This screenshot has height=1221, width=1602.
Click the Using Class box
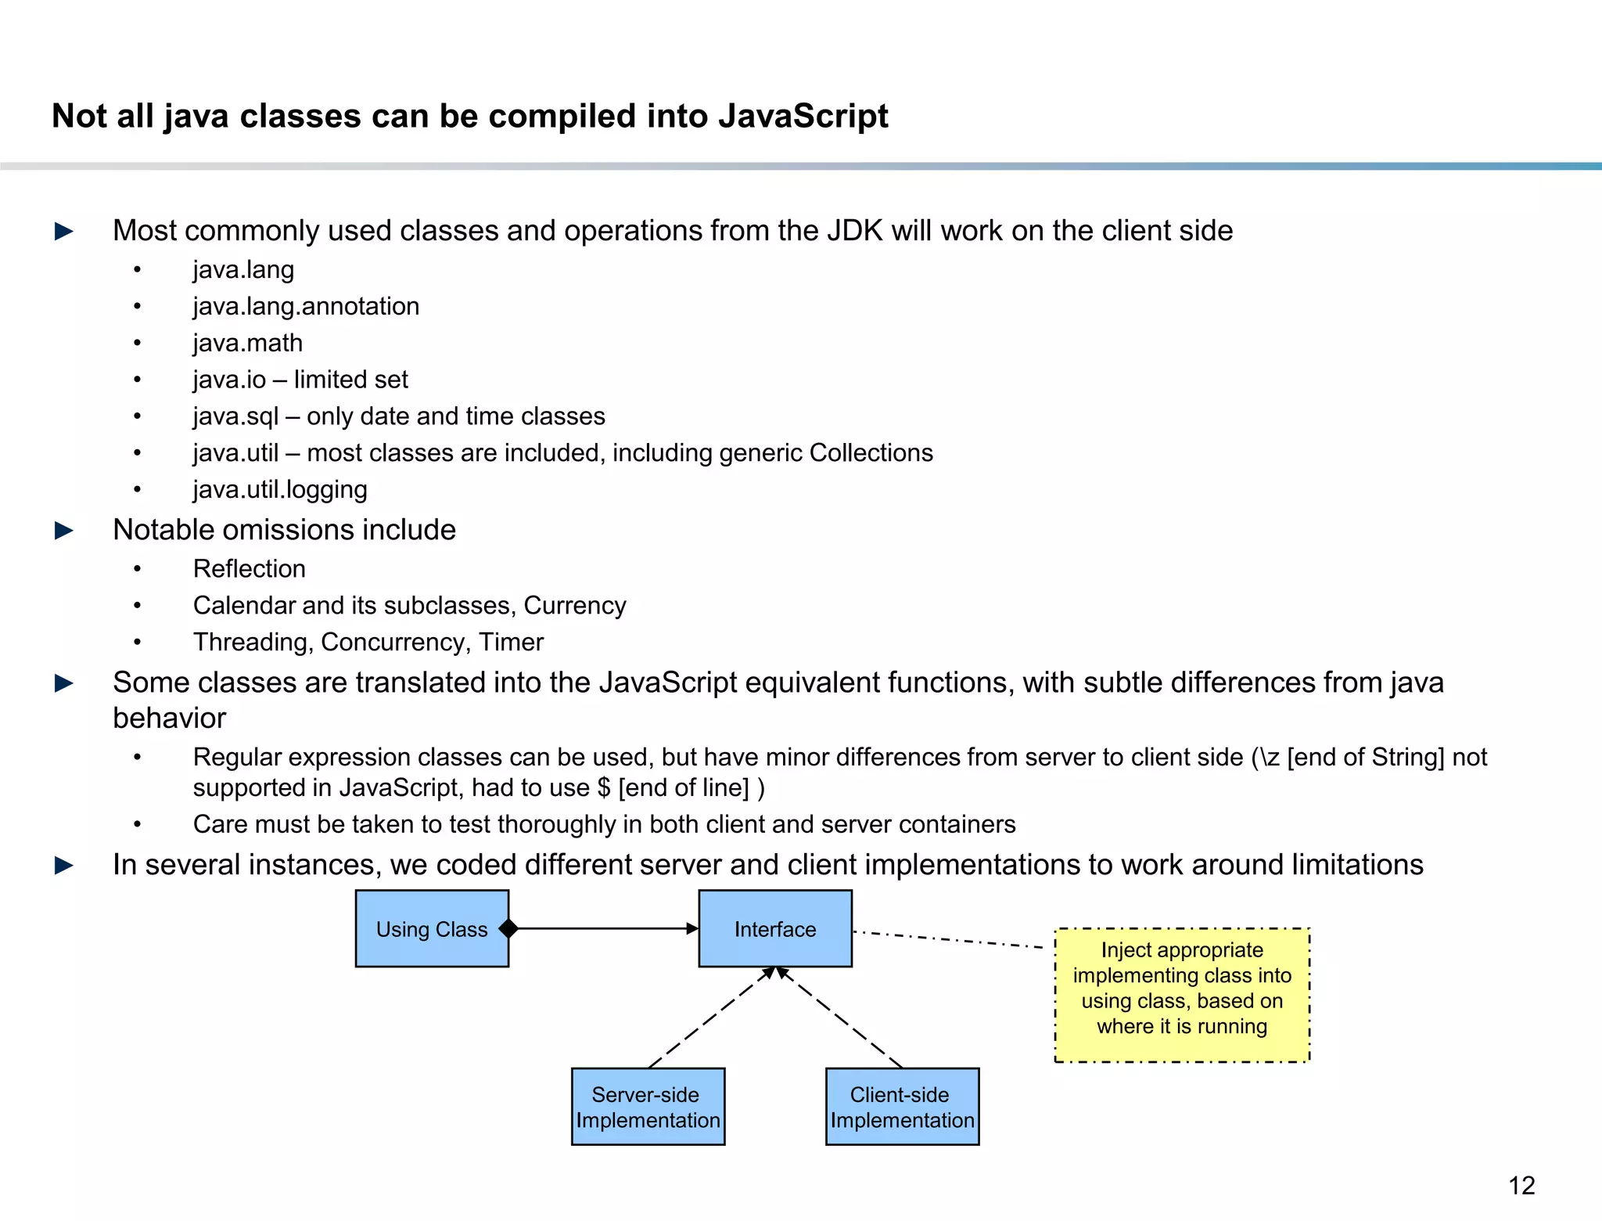[432, 929]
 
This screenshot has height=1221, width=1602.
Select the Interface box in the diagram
[774, 929]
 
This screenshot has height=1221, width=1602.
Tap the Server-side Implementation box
[648, 1107]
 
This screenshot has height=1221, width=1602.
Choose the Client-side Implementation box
[902, 1107]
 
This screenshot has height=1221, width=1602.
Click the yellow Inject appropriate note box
[1182, 995]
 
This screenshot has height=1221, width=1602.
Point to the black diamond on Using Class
[508, 929]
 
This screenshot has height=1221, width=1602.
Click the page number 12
[1521, 1186]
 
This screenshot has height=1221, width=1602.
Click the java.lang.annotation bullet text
[306, 306]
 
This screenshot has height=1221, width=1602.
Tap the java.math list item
[248, 343]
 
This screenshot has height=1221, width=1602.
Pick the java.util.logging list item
[280, 489]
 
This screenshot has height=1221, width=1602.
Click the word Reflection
[250, 569]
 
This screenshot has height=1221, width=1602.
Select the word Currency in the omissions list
[575, 605]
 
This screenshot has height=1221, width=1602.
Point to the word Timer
[511, 642]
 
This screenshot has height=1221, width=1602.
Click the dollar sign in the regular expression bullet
[603, 787]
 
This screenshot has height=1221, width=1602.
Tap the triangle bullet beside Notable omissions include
[64, 531]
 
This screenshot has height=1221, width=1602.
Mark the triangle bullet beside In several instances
[64, 866]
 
